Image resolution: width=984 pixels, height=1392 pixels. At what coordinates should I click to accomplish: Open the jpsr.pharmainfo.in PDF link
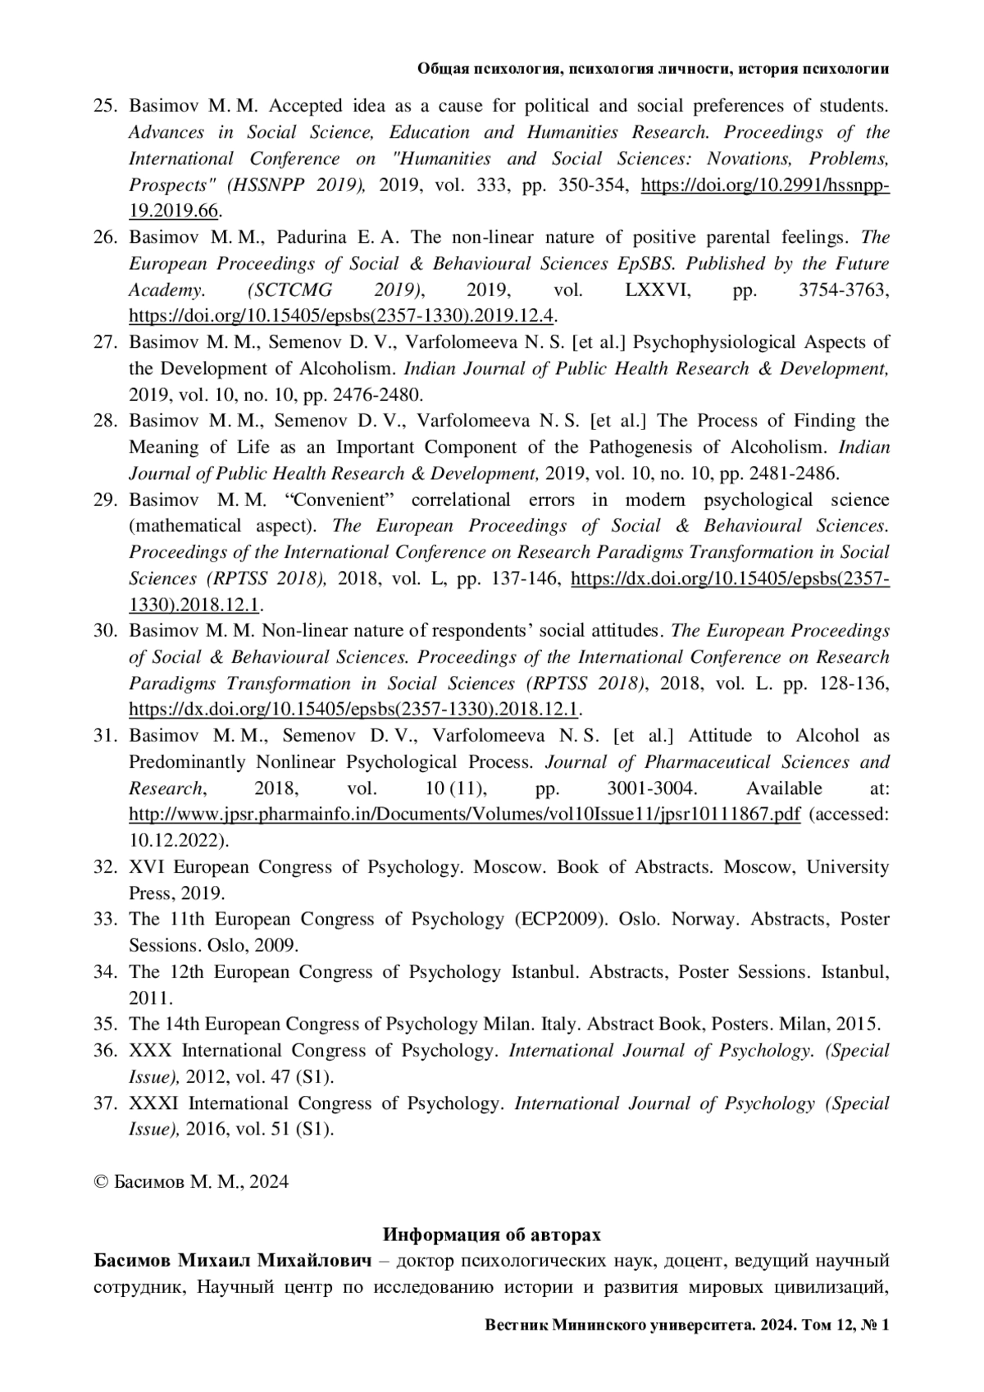[x=464, y=815]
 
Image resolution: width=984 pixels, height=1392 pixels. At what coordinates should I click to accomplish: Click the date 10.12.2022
[x=175, y=841]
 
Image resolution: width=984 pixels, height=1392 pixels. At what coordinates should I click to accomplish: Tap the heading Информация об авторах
[x=492, y=1235]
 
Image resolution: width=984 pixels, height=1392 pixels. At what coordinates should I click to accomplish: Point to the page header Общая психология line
[x=654, y=70]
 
